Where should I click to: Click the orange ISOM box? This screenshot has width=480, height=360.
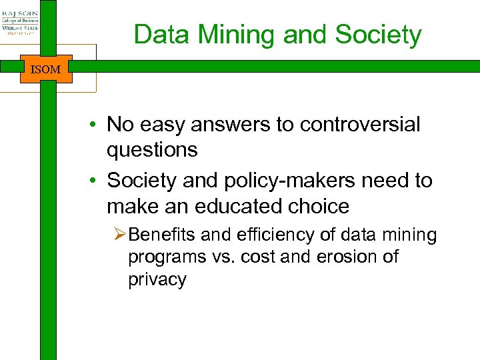pos(45,69)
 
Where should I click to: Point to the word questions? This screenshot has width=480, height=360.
pos(152,150)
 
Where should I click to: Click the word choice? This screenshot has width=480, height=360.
pos(319,206)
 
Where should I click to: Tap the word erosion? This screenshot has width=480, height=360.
pos(343,257)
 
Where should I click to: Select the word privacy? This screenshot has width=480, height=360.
pos(157,279)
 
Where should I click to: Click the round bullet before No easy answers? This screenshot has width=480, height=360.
pos(97,125)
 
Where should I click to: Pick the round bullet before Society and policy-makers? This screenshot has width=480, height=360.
pos(97,181)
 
